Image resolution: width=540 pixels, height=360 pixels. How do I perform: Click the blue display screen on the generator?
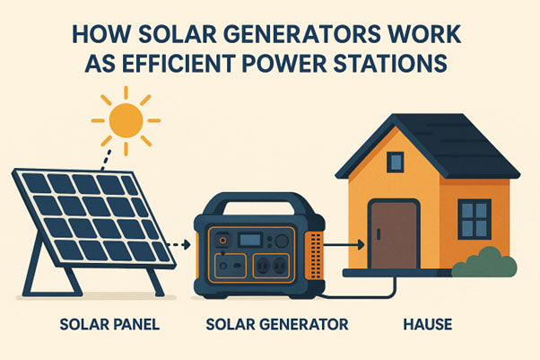(x=252, y=241)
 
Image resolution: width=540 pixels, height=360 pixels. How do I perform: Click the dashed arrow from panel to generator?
(x=185, y=243)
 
